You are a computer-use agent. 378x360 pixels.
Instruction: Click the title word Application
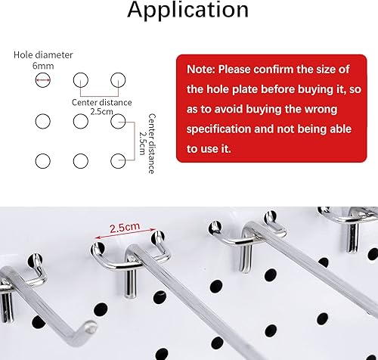point(188,11)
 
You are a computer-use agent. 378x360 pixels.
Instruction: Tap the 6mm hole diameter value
point(43,66)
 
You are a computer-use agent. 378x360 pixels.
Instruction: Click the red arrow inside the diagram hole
point(43,80)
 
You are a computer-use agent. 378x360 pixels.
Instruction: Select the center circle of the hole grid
point(81,121)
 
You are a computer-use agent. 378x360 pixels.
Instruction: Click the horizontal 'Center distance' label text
point(102,102)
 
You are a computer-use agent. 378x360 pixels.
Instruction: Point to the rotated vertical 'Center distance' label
point(151,144)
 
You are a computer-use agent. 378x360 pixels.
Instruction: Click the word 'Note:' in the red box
point(200,70)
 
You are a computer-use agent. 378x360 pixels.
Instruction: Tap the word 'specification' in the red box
point(218,129)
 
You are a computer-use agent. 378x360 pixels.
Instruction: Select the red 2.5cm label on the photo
point(125,228)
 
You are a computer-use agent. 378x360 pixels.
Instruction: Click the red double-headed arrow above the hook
point(125,233)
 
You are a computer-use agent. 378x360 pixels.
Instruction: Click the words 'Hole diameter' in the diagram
point(43,55)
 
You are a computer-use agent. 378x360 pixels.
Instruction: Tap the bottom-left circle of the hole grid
point(43,161)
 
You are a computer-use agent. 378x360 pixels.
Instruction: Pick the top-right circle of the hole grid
point(118,80)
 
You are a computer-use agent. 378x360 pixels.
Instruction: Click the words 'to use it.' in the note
point(209,149)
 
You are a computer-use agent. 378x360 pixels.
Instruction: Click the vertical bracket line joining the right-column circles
point(135,141)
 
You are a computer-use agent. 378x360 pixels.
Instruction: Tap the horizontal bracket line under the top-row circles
point(99,96)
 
